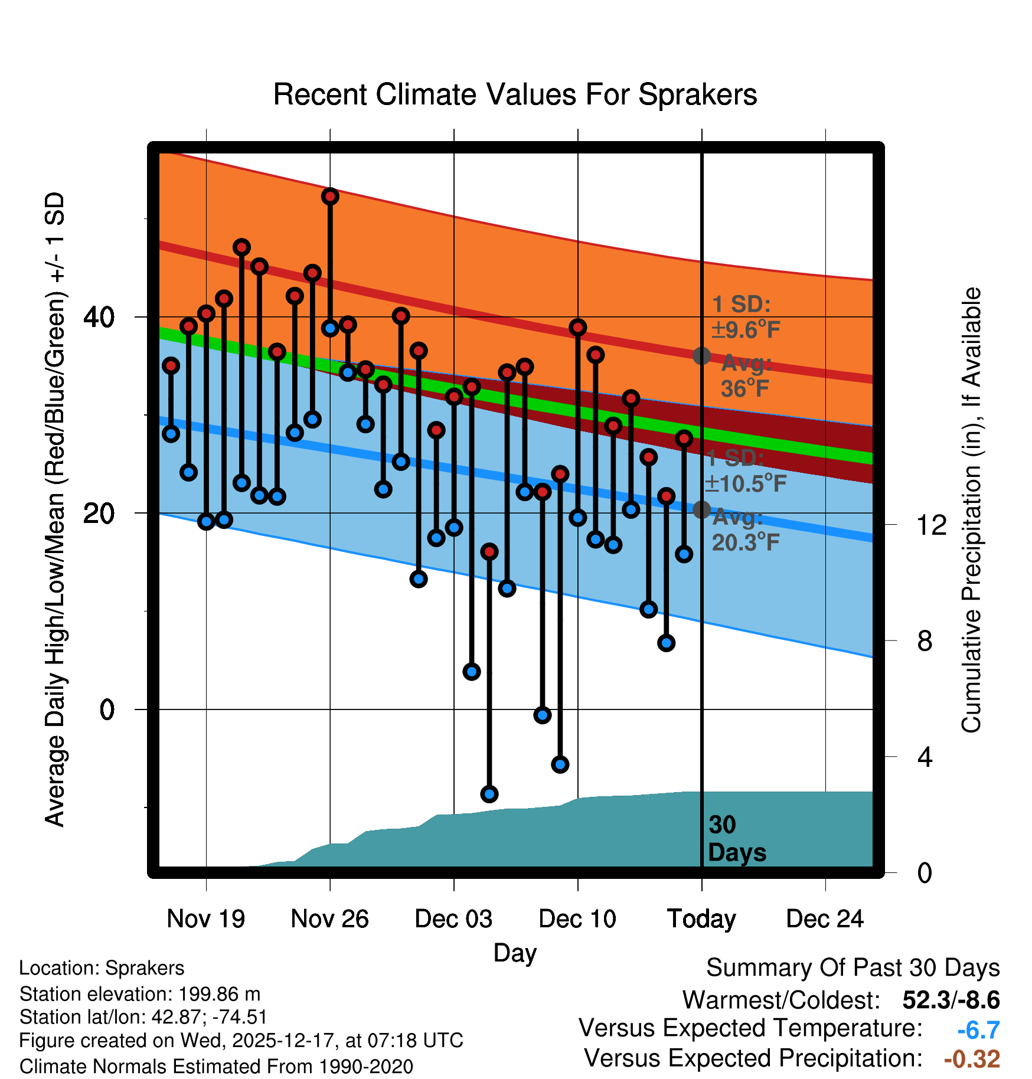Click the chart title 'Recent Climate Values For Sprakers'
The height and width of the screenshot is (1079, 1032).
coord(515,95)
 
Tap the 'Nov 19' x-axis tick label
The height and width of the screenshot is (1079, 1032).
coord(205,919)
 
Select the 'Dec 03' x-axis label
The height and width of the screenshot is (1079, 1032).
coord(453,919)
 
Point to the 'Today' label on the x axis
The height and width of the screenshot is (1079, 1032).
coord(701,919)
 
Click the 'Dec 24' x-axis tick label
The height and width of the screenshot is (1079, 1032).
coord(825,919)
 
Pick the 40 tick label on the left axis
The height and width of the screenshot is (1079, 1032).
coord(99,318)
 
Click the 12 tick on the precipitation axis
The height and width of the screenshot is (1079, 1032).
coord(932,525)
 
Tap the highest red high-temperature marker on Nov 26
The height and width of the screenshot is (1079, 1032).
coord(330,196)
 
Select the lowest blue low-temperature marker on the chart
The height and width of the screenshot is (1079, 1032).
coord(489,794)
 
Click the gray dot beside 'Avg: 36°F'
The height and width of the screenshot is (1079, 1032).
coord(701,356)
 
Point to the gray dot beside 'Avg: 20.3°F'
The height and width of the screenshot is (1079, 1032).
coord(701,509)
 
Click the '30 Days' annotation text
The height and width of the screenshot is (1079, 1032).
coord(736,839)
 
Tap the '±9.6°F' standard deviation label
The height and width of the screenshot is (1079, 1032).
coord(746,329)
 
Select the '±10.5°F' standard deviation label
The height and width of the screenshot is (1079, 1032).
coord(746,483)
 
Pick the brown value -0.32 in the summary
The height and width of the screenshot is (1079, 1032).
coord(972,1059)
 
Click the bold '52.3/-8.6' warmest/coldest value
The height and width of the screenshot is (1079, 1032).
coord(951,1000)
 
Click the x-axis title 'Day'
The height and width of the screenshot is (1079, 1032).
coord(515,953)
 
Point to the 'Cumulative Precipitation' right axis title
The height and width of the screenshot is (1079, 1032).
coord(971,511)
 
